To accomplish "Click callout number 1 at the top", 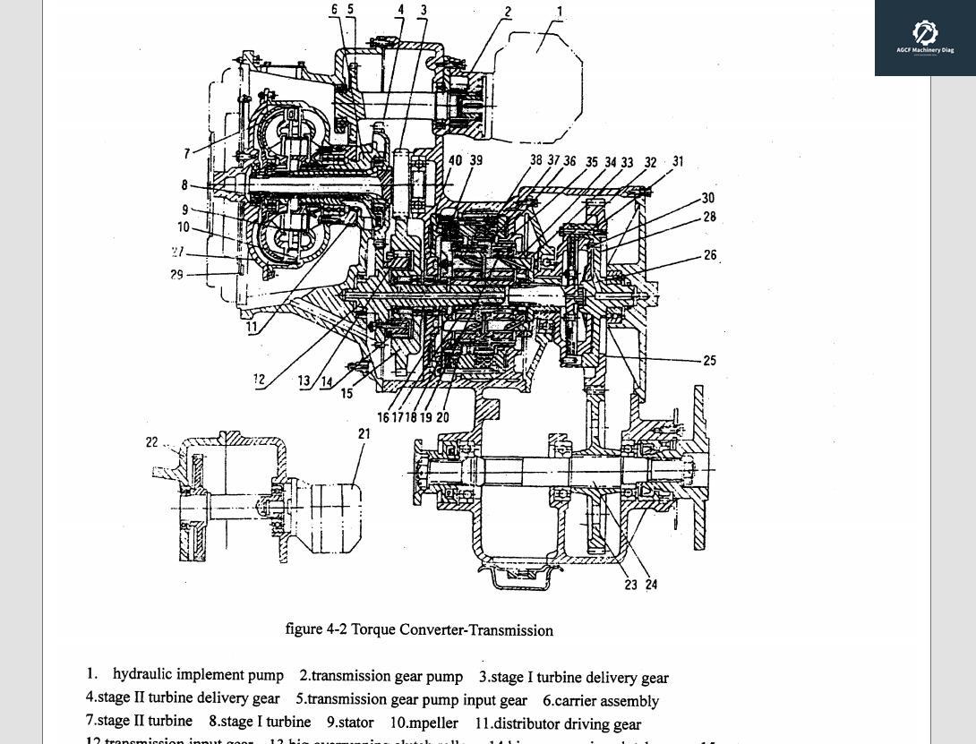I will click(560, 13).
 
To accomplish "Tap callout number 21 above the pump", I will click(364, 433).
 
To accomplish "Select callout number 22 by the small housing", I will click(151, 442).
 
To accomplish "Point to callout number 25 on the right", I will click(709, 361).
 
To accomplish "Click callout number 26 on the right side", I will click(709, 255).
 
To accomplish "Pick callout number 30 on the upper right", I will click(708, 198).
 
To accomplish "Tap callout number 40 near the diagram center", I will click(455, 161).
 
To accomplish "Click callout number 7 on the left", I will click(187, 154).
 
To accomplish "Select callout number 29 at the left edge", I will click(176, 275).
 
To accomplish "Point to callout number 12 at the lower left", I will click(259, 380).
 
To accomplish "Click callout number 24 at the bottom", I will click(651, 585).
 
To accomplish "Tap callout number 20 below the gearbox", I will click(442, 417).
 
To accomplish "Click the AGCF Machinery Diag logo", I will click(925, 38).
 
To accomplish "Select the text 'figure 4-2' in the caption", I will click(316, 629).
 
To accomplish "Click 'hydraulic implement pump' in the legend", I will click(198, 675).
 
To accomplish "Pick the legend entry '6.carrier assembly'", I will click(600, 700).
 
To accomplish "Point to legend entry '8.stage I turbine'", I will click(260, 722).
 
